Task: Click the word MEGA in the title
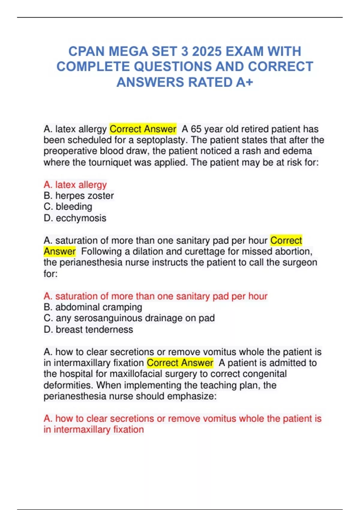pyautogui.click(x=128, y=51)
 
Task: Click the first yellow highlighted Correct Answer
pyautogui.click(x=143, y=129)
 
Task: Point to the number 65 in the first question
pyautogui.click(x=196, y=129)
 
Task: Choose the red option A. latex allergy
pyautogui.click(x=75, y=185)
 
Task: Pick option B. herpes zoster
pyautogui.click(x=79, y=196)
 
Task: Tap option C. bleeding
pyautogui.click(x=68, y=207)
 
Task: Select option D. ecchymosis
pyautogui.click(x=75, y=218)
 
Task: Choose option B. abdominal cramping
pyautogui.click(x=93, y=307)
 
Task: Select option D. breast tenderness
pyautogui.click(x=88, y=329)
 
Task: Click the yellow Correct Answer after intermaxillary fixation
pyautogui.click(x=180, y=363)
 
